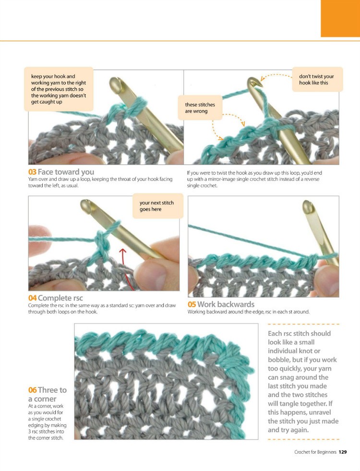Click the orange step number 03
(32, 172)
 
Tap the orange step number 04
(33, 298)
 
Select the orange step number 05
(192, 304)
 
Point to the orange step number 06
(33, 390)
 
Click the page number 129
(343, 452)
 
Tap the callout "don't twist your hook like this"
(317, 79)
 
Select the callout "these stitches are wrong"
(200, 108)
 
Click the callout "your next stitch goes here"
(157, 206)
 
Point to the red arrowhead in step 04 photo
(122, 251)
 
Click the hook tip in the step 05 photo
(308, 205)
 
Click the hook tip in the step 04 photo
(86, 205)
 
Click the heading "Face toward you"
(66, 172)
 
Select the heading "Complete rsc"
(60, 298)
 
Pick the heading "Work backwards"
(226, 304)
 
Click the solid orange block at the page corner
(340, 18)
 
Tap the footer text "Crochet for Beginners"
(315, 452)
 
